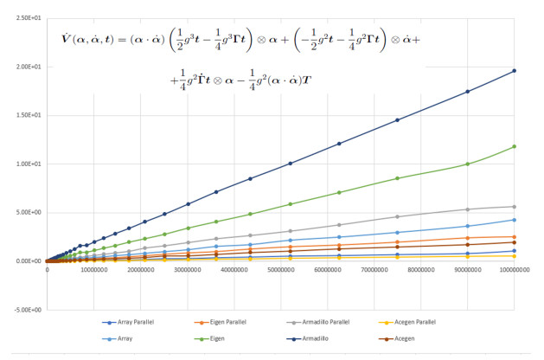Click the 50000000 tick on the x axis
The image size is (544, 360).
[x=280, y=270]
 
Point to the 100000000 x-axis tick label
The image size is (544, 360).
[x=514, y=270]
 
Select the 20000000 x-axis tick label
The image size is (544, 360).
[x=140, y=270]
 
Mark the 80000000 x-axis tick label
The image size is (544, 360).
[x=420, y=270]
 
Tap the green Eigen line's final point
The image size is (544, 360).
[x=515, y=146]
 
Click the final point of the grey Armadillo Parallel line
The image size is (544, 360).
[x=515, y=206]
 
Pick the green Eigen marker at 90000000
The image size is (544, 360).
[x=468, y=164]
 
